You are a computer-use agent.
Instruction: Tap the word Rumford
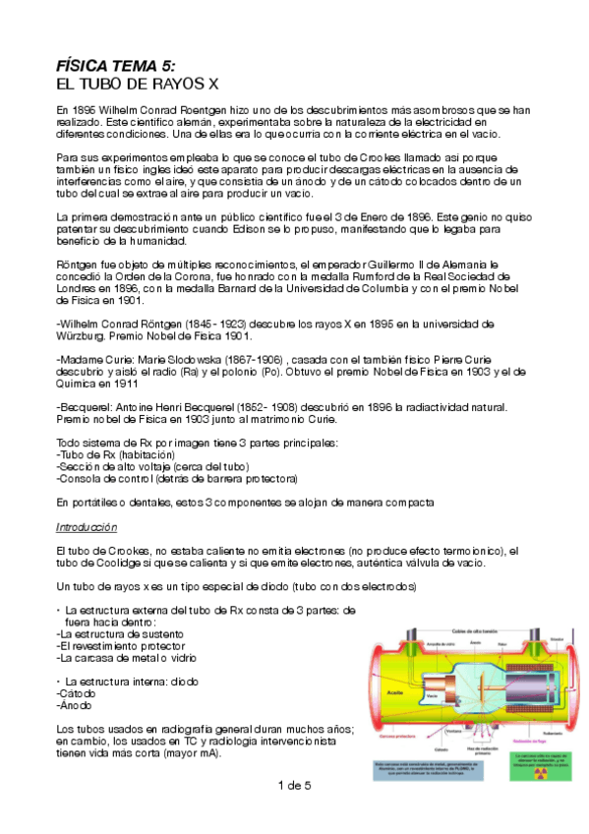pos(362,276)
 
